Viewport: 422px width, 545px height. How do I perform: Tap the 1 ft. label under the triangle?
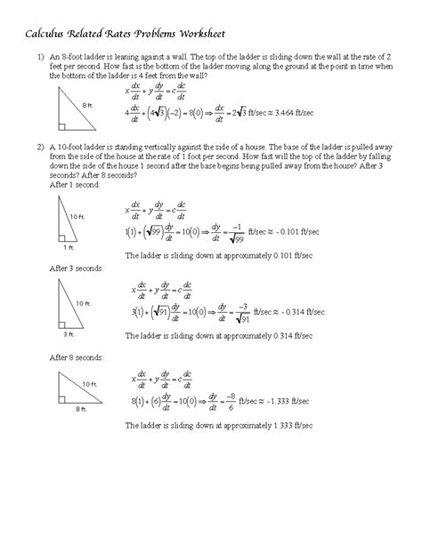click(69, 248)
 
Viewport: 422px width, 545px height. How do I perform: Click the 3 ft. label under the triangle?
click(68, 333)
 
